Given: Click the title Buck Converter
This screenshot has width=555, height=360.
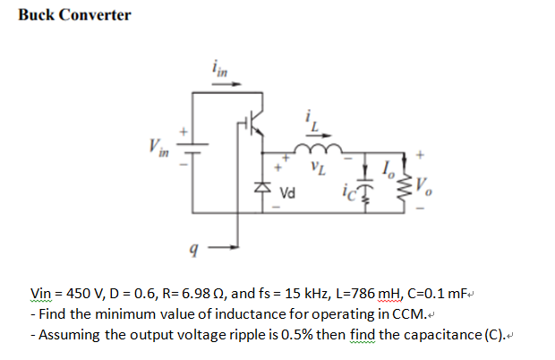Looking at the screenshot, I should [x=74, y=15].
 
